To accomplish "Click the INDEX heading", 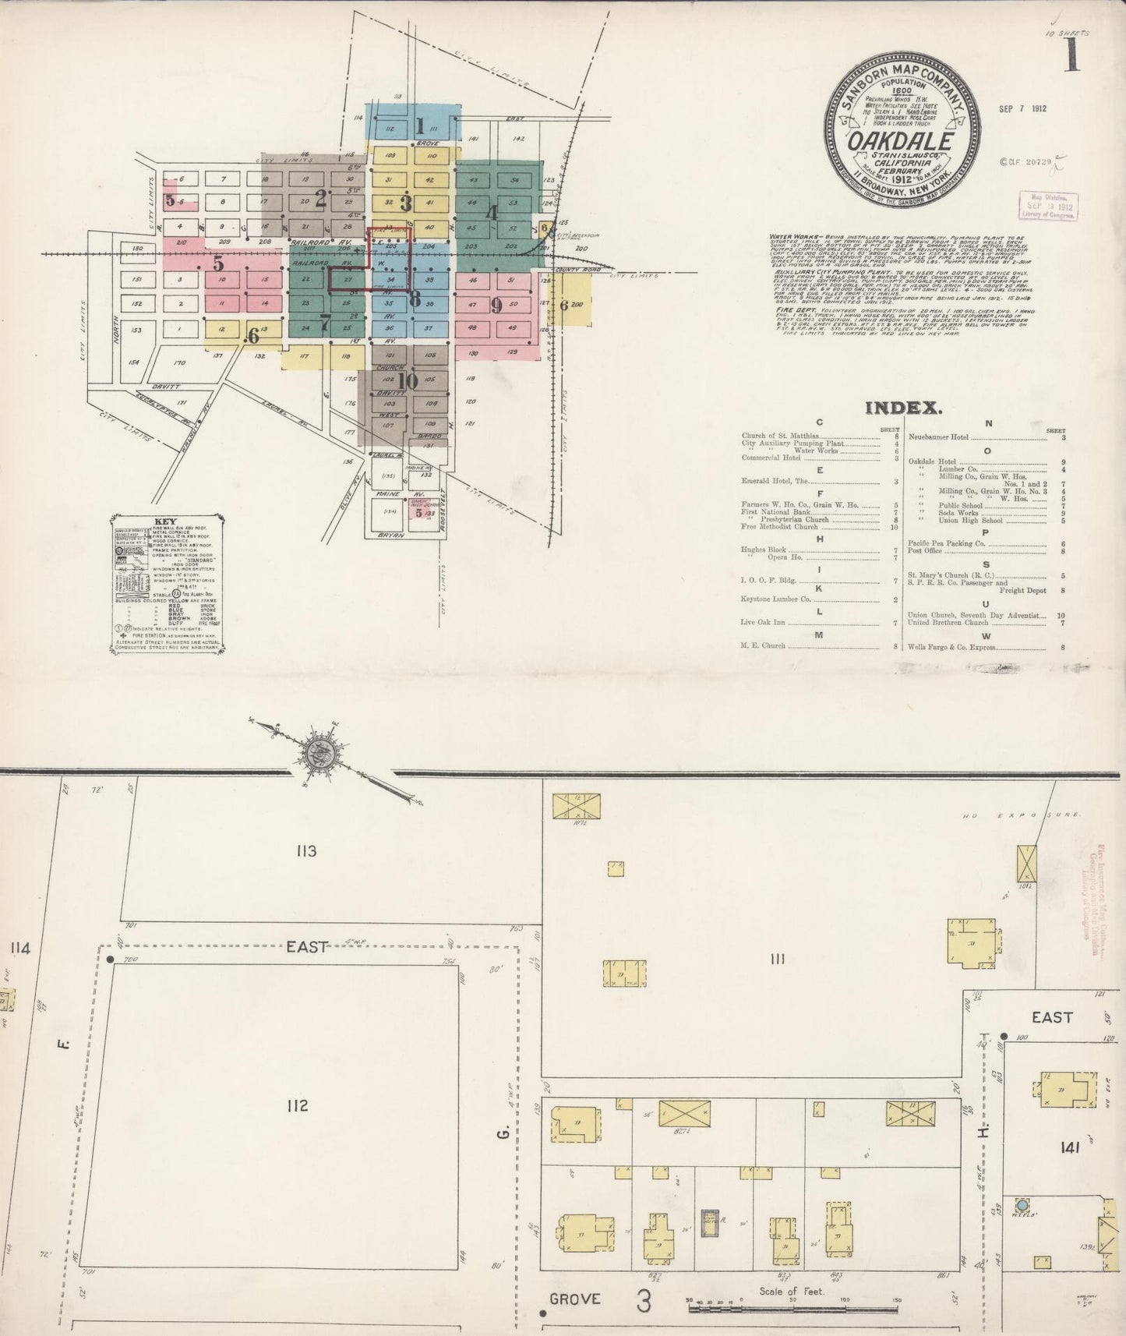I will tap(904, 407).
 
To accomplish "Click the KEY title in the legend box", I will tap(166, 521).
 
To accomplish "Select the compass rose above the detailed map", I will tap(319, 752).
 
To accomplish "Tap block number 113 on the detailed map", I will tap(305, 851).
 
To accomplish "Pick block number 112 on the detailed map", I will tap(297, 1105).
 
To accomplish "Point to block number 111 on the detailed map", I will tap(776, 960).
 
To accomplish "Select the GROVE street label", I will tap(575, 1299).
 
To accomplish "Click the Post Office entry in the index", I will tap(926, 550).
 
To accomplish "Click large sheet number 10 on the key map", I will tap(407, 381).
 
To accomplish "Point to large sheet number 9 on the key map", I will tap(496, 306).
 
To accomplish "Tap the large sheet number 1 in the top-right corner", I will tap(1072, 58).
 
